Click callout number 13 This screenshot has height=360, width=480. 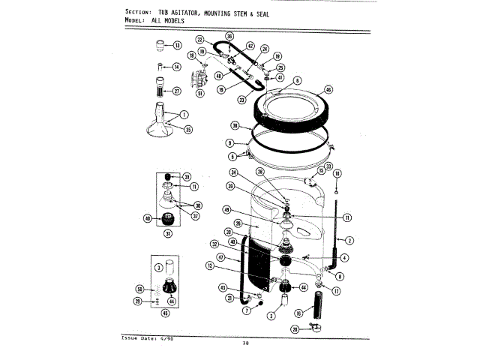tap(178, 46)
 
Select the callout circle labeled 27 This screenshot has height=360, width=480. tap(178, 91)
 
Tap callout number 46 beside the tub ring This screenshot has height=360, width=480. tap(328, 89)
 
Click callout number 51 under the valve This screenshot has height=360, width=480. tap(200, 94)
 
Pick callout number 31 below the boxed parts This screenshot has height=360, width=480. tap(168, 232)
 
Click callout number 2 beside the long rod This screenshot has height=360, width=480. tap(349, 240)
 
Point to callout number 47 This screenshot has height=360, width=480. tap(221, 256)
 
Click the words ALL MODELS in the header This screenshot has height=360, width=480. tap(168, 21)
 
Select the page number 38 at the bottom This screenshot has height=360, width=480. tap(245, 343)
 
